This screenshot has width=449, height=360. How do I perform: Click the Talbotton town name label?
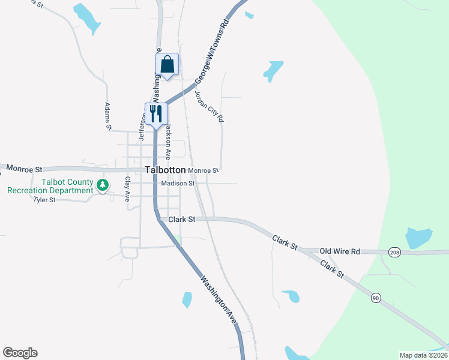[165, 170]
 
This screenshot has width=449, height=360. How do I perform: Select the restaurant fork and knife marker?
[156, 114]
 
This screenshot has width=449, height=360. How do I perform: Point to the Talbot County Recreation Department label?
[50, 186]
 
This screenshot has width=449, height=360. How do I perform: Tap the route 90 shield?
[376, 298]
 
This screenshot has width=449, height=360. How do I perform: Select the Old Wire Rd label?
[340, 251]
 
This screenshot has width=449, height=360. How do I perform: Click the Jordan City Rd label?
[209, 103]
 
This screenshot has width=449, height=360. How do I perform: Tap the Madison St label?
[178, 184]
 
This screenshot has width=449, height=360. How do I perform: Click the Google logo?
[20, 353]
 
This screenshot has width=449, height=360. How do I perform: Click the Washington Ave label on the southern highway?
[218, 300]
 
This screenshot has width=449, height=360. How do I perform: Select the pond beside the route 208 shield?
[418, 238]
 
